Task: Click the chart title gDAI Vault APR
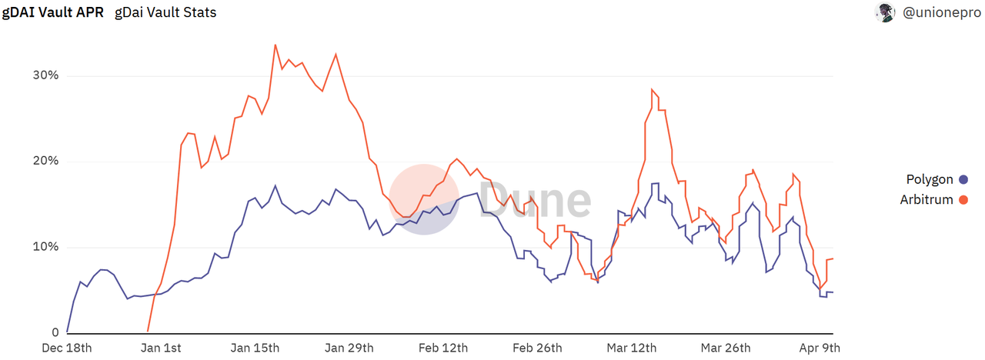[52, 13]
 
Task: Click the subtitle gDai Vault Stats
[165, 13]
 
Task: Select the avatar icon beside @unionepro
[885, 13]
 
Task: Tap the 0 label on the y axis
[55, 333]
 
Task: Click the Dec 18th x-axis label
[67, 348]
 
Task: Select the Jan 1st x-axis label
[162, 348]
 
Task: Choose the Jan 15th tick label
[256, 348]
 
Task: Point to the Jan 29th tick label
[350, 348]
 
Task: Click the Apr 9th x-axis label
[818, 348]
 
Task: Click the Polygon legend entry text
[930, 179]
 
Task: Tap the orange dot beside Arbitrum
[963, 200]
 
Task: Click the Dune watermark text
[536, 198]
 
